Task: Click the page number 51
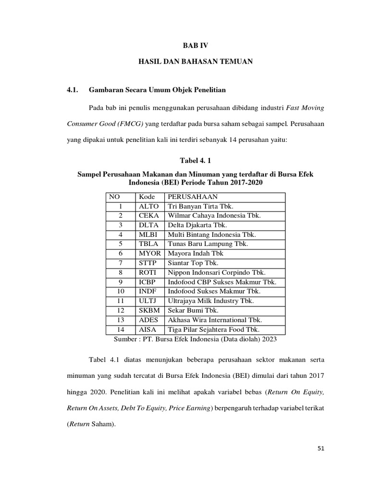coord(321,448)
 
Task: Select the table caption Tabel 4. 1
coord(195,160)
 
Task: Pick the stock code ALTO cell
coord(148,206)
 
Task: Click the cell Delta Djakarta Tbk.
coord(197,225)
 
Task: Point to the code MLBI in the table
coord(149,234)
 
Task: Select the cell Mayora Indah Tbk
coord(196,253)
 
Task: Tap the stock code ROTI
coord(148,272)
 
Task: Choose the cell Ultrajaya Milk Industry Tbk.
coord(210,301)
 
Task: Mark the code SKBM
coord(149,310)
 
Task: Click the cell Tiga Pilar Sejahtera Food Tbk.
coord(213,329)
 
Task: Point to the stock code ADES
coord(149,319)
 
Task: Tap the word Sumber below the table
coord(126,339)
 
